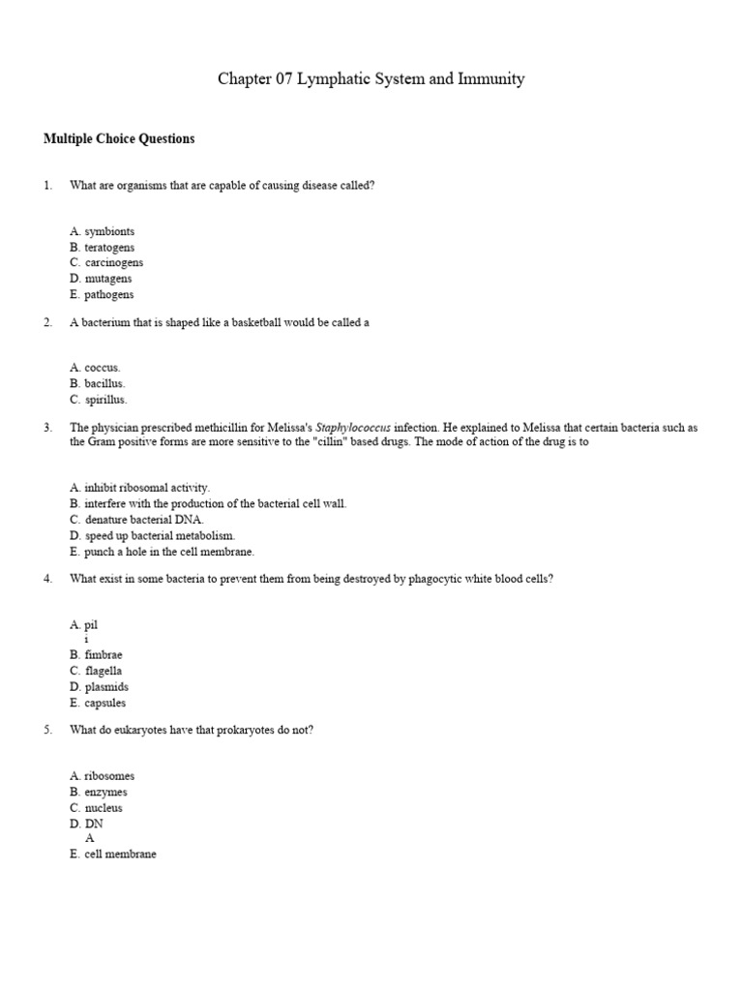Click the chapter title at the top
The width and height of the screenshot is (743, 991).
pyautogui.click(x=371, y=79)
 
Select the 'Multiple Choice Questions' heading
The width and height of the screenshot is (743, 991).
pyautogui.click(x=119, y=139)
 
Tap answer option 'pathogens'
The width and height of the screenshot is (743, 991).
pyautogui.click(x=108, y=294)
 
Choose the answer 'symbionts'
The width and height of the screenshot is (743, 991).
pyautogui.click(x=109, y=232)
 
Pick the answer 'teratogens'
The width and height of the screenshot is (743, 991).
pyautogui.click(x=109, y=248)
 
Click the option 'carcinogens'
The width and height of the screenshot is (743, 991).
pyautogui.click(x=113, y=263)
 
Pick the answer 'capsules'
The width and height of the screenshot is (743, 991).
pyautogui.click(x=104, y=703)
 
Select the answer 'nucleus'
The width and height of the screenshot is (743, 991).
pyautogui.click(x=104, y=808)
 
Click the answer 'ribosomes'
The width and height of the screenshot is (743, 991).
pyautogui.click(x=109, y=776)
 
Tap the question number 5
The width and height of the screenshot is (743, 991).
pyautogui.click(x=47, y=730)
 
